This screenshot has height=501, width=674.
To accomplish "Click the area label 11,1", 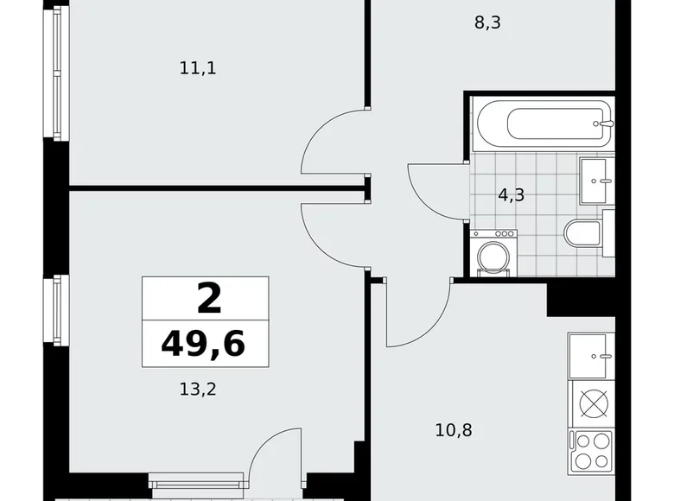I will (x=197, y=67).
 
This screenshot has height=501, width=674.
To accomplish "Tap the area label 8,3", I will (x=487, y=22).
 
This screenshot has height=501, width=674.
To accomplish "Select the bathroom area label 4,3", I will (x=511, y=194).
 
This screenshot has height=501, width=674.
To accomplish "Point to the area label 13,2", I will (x=197, y=390).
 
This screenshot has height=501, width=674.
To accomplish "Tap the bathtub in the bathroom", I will (x=543, y=124).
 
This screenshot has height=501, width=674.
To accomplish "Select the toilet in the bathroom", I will (x=584, y=232).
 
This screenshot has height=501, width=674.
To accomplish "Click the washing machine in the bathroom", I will (x=493, y=253).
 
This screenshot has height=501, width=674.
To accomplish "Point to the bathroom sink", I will (x=595, y=180).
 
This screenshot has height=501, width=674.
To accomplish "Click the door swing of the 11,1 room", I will (x=333, y=143).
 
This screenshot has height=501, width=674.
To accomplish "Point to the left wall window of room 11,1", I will (x=57, y=75).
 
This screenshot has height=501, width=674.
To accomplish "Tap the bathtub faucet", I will (x=606, y=124).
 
